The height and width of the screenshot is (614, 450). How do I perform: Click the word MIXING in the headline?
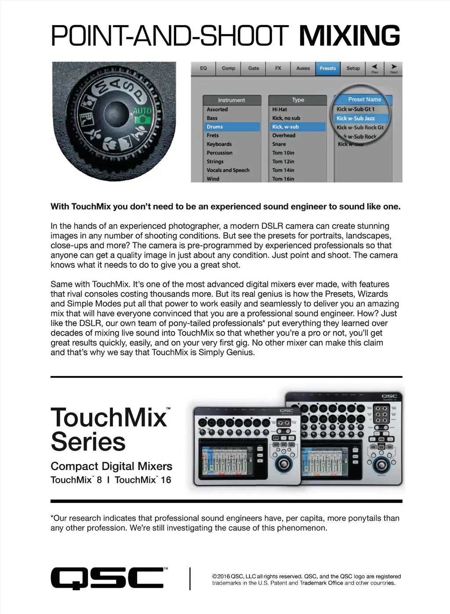349,36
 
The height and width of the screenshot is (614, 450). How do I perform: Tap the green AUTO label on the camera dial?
142,111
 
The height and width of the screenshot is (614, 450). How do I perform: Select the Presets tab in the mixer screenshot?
327,69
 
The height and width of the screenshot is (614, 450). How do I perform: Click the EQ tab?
203,69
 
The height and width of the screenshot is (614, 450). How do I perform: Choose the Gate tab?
254,69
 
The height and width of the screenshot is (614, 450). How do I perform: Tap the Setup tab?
353,69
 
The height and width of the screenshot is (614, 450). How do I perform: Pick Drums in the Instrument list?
215,126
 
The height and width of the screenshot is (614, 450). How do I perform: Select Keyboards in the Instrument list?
219,144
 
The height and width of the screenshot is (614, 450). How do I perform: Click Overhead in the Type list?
284,135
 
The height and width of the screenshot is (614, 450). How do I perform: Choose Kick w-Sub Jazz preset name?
356,118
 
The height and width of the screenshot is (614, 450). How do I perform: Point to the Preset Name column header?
364,100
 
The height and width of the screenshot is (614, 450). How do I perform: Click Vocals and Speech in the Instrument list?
228,170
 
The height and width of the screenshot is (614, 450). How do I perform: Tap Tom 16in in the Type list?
283,179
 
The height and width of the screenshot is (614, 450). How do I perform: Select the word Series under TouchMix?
88,441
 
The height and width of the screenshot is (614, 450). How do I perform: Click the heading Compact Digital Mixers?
111,466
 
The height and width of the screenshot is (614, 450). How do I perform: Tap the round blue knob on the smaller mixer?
283,463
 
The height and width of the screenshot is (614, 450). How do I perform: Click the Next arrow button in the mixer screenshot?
394,69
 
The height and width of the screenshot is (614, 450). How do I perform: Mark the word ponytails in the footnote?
366,518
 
